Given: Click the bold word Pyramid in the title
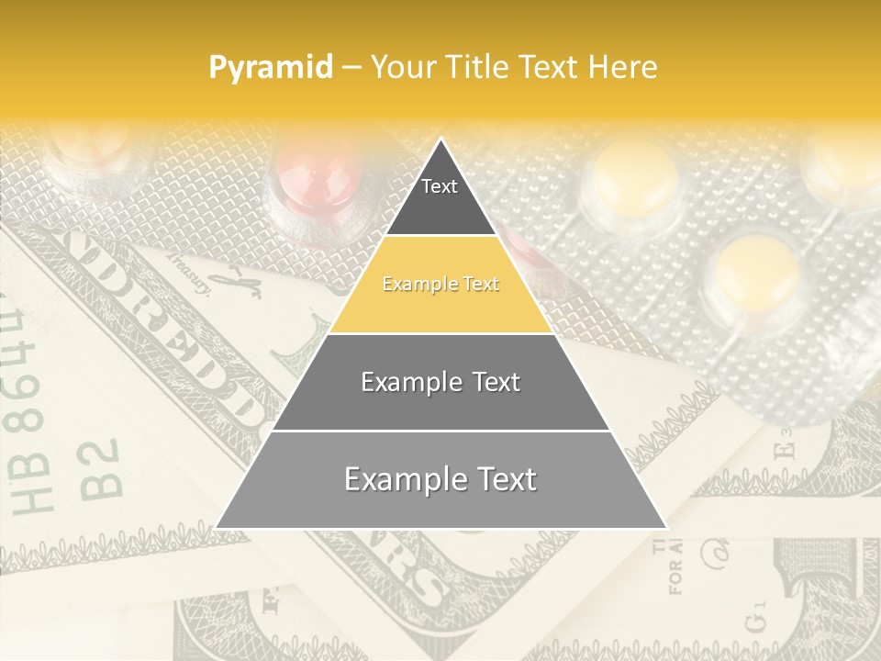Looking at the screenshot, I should (271, 67).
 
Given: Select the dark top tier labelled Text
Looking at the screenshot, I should (440, 197).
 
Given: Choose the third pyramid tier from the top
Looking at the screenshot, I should (440, 382).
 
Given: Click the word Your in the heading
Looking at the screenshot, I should (400, 67).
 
